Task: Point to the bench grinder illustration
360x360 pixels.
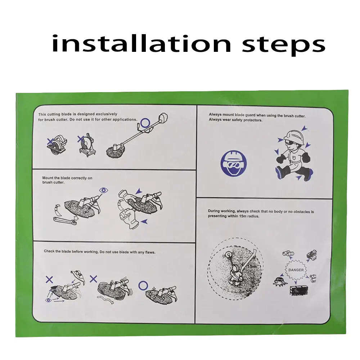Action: pos(87,145)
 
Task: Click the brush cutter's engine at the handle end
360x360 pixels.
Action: pos(163,118)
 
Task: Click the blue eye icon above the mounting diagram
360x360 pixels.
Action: pos(104,190)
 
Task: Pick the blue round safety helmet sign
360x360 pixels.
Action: pos(234,163)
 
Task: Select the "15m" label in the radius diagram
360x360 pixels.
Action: pos(252,266)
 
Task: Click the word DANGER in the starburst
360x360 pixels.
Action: pos(296,270)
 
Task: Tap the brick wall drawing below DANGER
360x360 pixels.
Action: pos(299,291)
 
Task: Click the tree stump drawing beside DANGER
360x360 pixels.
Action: pos(279,281)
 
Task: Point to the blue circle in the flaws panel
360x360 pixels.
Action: pos(143,286)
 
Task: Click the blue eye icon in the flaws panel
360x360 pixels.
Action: pos(48,300)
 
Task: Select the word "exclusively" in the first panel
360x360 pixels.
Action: pos(107,114)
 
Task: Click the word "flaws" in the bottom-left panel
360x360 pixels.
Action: pos(150,252)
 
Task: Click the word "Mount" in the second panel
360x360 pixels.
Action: pos(48,178)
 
